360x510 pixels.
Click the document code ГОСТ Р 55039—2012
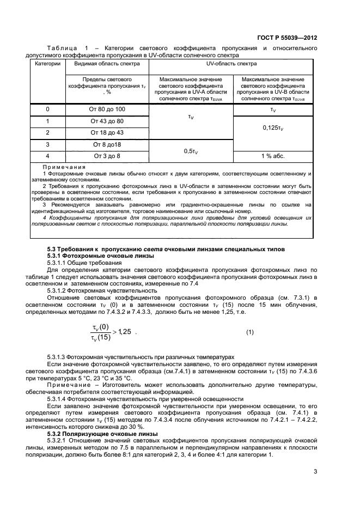[286, 38]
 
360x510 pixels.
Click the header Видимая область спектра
[107, 64]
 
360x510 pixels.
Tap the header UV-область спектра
[231, 64]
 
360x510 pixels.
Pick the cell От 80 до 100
[107, 110]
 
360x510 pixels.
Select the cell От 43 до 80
[107, 121]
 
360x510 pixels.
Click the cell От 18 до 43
[107, 132]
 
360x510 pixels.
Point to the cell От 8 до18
[107, 144]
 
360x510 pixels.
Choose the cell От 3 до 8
[107, 156]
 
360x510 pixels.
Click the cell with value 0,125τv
[272, 127]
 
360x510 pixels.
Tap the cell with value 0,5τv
[190, 151]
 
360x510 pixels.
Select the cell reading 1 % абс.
[272, 156]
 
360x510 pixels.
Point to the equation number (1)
[250, 332]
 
